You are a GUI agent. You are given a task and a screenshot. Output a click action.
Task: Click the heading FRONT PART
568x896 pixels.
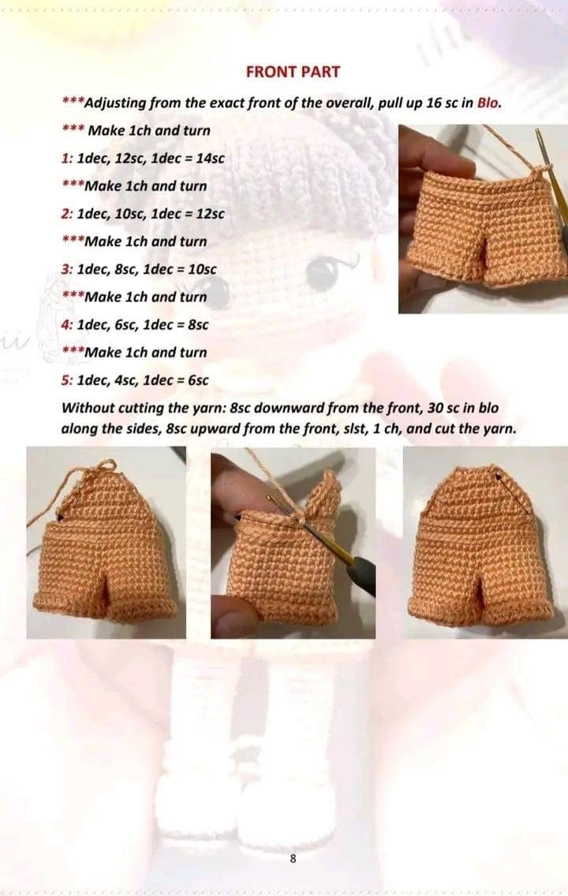(293, 72)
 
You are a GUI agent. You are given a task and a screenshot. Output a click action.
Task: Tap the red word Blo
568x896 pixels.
(489, 103)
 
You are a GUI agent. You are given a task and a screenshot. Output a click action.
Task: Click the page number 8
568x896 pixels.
(293, 859)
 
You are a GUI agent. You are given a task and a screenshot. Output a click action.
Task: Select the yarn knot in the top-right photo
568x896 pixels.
(538, 168)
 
